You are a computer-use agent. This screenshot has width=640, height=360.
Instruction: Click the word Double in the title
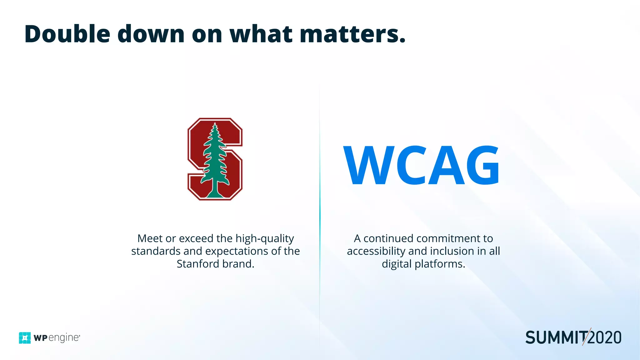pyautogui.click(x=67, y=34)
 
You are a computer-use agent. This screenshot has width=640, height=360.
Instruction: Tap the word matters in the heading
pyautogui.click(x=352, y=34)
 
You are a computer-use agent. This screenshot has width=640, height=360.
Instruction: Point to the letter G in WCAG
pyautogui.click(x=481, y=166)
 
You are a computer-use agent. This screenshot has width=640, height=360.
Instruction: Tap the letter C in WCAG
pyautogui.click(x=410, y=166)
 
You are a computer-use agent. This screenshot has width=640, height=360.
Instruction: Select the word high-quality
pyautogui.click(x=265, y=239)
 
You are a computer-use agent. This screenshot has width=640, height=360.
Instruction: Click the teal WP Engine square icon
pyautogui.click(x=25, y=338)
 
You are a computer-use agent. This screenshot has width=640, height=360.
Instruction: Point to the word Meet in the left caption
pyautogui.click(x=150, y=238)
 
